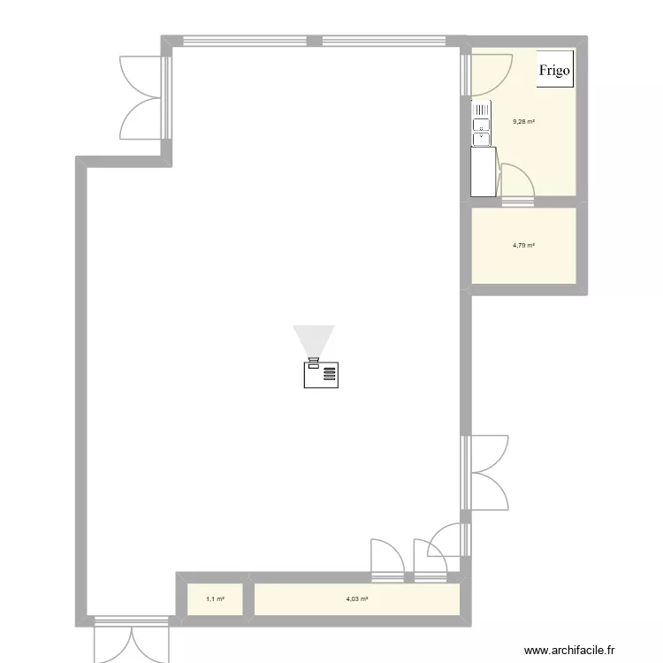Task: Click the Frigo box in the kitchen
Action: pyautogui.click(x=555, y=70)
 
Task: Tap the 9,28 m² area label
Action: pyautogui.click(x=523, y=122)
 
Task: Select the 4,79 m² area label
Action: pyautogui.click(x=523, y=246)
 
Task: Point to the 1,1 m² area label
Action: pyautogui.click(x=215, y=599)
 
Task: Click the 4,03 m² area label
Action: pyautogui.click(x=357, y=599)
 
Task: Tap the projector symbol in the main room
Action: pyautogui.click(x=321, y=373)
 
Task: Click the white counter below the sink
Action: pyautogui.click(x=483, y=171)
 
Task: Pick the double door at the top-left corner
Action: pyautogui.click(x=141, y=95)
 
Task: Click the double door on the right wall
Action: pyautogui.click(x=486, y=473)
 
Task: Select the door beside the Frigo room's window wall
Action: pyautogui.click(x=489, y=73)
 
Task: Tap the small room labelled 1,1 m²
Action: pyautogui.click(x=215, y=599)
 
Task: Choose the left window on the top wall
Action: pyautogui.click(x=243, y=41)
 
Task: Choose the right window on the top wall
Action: pyautogui.click(x=385, y=41)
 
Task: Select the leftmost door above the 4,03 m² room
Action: pyautogui.click(x=387, y=560)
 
